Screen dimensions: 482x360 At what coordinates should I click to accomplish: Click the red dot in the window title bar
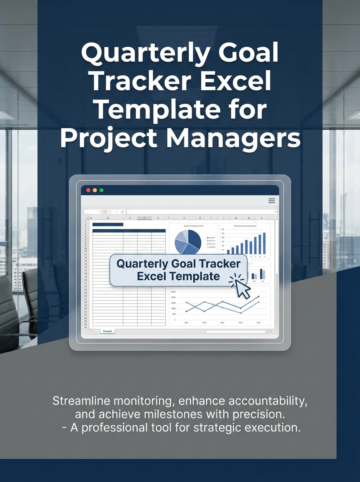88,190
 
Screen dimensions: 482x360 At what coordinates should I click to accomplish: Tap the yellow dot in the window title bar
95,190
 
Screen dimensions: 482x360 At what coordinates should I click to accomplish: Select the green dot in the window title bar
101,190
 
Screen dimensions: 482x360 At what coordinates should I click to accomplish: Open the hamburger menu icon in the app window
272,201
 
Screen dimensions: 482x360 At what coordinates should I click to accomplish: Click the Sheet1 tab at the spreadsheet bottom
108,331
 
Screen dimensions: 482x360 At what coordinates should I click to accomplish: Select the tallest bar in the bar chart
264,243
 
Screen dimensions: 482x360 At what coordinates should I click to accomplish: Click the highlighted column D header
144,218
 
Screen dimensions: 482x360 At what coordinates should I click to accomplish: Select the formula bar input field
201,211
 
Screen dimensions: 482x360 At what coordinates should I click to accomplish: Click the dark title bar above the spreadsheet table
108,225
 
